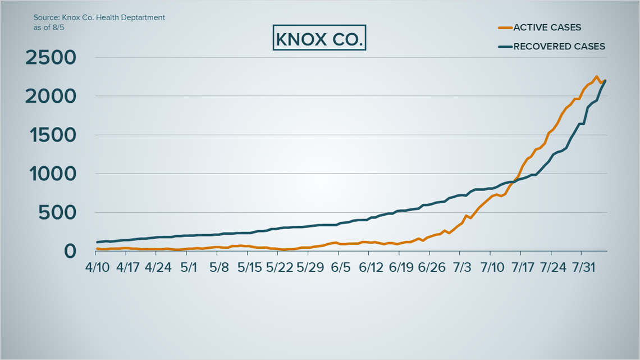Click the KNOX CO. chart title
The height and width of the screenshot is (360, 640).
click(x=319, y=38)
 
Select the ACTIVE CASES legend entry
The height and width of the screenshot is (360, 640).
click(x=540, y=28)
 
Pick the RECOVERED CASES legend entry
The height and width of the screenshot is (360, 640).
click(x=551, y=47)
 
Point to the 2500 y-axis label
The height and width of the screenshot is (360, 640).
click(x=51, y=57)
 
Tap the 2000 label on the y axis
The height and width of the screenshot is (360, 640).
click(x=51, y=97)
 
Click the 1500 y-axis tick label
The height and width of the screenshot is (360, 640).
click(x=53, y=135)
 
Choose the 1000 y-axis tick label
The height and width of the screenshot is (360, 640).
click(x=53, y=174)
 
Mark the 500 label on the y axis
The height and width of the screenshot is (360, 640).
click(x=57, y=213)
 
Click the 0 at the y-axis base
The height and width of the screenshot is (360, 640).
click(x=70, y=251)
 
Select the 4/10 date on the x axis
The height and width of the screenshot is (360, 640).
click(x=98, y=267)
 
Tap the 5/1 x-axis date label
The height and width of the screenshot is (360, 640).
click(x=189, y=267)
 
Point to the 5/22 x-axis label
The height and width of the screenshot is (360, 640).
click(x=280, y=267)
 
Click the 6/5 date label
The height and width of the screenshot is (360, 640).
click(x=340, y=267)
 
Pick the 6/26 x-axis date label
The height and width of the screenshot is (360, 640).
click(x=432, y=267)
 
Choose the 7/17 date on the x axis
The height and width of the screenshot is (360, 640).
click(x=523, y=267)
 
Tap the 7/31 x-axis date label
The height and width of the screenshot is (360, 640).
click(x=584, y=267)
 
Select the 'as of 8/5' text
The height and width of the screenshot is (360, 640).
click(x=49, y=28)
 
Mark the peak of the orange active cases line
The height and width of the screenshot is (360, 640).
click(x=596, y=76)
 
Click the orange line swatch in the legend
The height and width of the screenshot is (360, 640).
click(x=505, y=28)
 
